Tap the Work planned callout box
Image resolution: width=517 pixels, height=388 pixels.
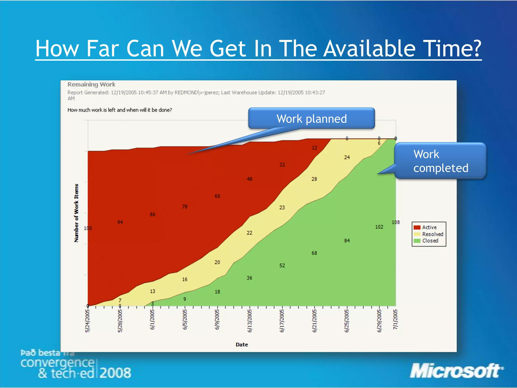[x=311, y=118]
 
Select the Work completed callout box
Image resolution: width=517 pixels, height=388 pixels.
[x=441, y=161]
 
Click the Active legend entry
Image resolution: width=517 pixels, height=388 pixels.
[x=429, y=227]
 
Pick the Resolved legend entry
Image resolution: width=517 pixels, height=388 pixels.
[x=432, y=234]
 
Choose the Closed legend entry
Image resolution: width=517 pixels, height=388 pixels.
[x=430, y=241]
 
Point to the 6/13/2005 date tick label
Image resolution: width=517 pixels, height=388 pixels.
[x=249, y=321]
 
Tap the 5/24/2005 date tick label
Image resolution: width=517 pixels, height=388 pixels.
[x=87, y=321]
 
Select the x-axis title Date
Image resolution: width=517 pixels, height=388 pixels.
[x=242, y=345]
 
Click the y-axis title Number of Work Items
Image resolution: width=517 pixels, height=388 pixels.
[x=76, y=213]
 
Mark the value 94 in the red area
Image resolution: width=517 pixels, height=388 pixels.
[x=120, y=222]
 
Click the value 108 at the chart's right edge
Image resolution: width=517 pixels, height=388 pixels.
[x=396, y=222]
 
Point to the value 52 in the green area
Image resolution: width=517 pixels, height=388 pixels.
[x=282, y=265]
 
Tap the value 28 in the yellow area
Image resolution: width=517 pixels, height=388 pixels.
[x=314, y=179]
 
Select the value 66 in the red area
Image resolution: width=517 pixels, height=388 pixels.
[x=217, y=196]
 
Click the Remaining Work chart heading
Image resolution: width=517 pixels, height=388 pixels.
[x=91, y=84]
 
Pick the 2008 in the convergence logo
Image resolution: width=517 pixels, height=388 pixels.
[x=115, y=373]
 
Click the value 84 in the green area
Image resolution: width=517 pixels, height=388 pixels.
[x=347, y=241]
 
